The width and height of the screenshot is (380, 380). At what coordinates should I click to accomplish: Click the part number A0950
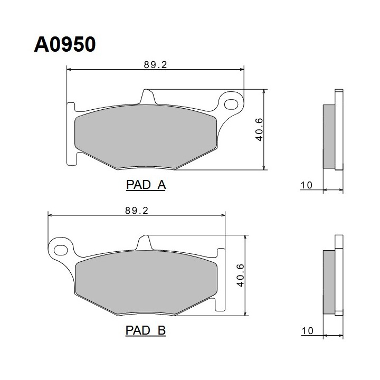click(x=65, y=44)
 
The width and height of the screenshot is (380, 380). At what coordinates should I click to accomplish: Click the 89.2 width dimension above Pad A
click(x=155, y=65)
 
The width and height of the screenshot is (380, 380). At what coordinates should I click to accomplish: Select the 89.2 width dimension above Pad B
click(x=137, y=211)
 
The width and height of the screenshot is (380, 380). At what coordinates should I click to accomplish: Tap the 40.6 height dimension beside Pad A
click(x=259, y=130)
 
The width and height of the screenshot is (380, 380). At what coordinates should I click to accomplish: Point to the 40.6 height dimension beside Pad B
click(x=241, y=275)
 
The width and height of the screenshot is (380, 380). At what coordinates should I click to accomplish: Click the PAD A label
click(x=146, y=185)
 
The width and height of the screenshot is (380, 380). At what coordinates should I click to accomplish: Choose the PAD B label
click(x=146, y=330)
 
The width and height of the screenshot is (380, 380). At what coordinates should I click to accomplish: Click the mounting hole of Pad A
click(x=231, y=104)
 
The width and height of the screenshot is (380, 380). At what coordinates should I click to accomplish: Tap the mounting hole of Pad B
click(x=61, y=250)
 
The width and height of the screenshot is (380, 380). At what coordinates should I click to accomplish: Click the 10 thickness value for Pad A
click(x=306, y=185)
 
